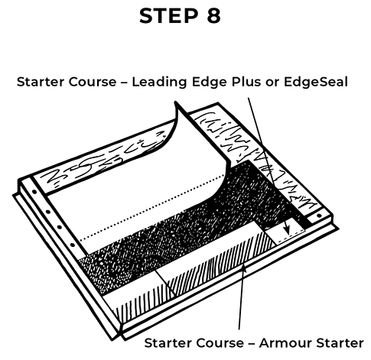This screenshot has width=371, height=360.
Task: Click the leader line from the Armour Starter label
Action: pos(241,306)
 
